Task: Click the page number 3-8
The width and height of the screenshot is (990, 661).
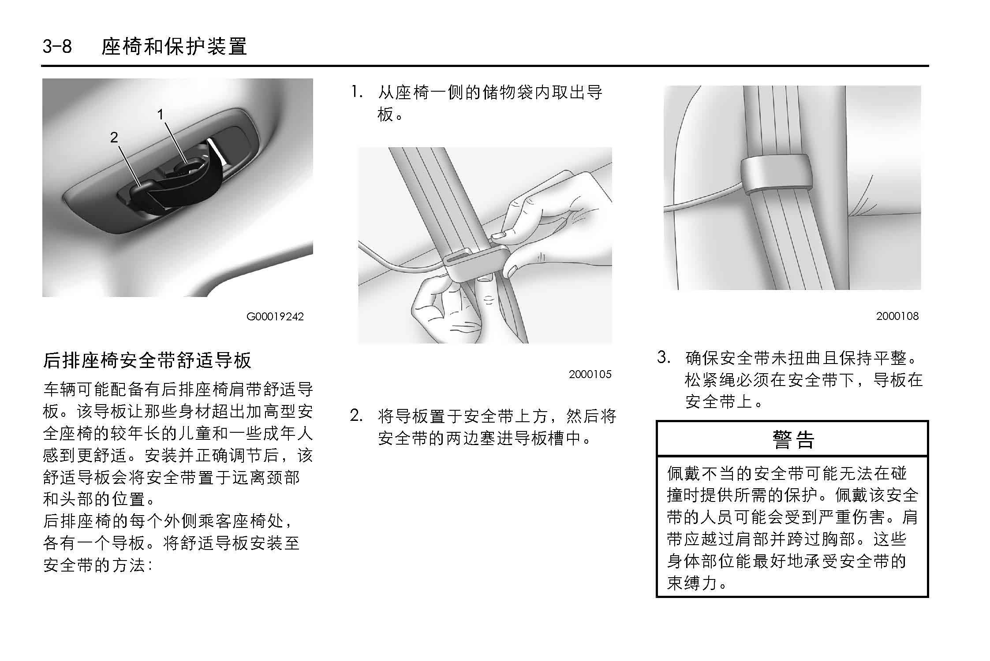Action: [x=57, y=46]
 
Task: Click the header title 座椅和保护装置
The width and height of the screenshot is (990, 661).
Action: [x=174, y=46]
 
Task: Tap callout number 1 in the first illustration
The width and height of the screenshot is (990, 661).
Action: [x=161, y=115]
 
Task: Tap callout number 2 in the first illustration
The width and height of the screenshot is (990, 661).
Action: [x=114, y=137]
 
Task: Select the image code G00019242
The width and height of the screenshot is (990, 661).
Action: [x=275, y=316]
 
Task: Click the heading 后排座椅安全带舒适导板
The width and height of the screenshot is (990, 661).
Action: [x=147, y=360]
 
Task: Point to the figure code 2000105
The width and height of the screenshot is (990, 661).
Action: [x=590, y=374]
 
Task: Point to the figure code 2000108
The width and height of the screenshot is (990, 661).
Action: [x=897, y=316]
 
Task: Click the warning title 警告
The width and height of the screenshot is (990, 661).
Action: [x=792, y=439]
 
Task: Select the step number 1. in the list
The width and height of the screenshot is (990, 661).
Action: [x=357, y=92]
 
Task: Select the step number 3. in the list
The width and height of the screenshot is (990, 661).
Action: [x=664, y=357]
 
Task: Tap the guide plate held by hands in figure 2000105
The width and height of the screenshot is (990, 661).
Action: [x=476, y=264]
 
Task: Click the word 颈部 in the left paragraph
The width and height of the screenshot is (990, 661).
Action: [x=284, y=477]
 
